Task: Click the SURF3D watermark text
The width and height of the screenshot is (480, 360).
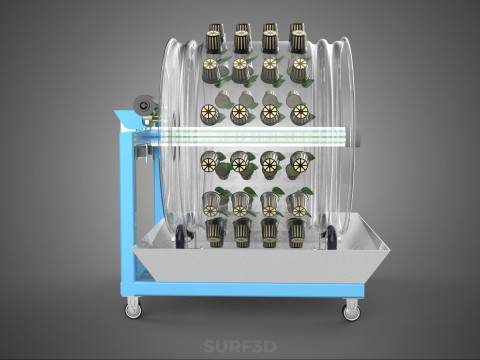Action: pos(240,346)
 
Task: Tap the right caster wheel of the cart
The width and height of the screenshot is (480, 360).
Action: pos(352,310)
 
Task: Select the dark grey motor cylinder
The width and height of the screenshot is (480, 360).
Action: pos(145,105)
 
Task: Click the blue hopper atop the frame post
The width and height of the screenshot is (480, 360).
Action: pos(128,121)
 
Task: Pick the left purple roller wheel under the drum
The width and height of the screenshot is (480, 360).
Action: pos(181,236)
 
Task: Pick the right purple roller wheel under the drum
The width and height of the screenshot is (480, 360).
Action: pos(332,237)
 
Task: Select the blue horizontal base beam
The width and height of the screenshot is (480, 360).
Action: pos(242,289)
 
